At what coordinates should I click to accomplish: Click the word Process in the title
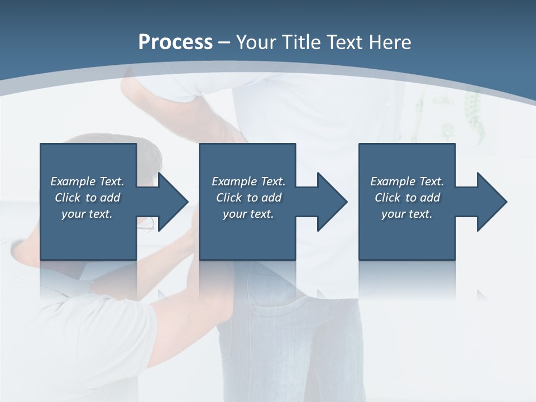175,42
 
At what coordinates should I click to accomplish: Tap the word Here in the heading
390,42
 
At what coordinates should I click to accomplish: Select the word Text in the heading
346,42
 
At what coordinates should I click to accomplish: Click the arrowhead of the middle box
332,202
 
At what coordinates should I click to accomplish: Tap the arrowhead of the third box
491,202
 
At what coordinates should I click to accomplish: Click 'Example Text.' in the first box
87,181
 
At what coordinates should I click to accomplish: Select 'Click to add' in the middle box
248,198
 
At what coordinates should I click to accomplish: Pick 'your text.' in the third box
407,214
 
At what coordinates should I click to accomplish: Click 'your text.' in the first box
87,214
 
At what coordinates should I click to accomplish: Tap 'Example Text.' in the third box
407,181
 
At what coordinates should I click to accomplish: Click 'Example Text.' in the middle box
248,181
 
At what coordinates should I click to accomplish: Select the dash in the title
224,42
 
